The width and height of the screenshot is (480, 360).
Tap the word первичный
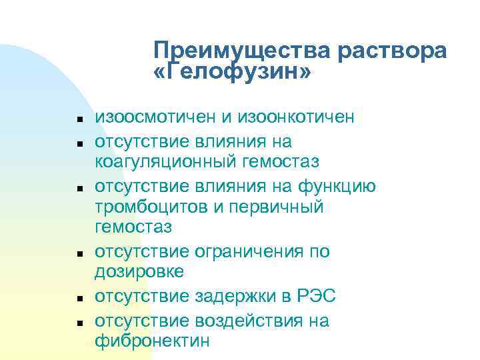pos(276,207)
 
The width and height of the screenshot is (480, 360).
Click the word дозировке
pos(139,273)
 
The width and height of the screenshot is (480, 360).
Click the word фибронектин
pos(152,341)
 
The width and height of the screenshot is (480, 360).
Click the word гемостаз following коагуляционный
pos(283,161)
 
